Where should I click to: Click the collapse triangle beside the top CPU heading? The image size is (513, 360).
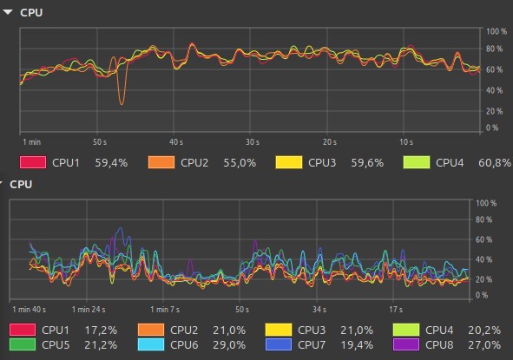click(x=8, y=12)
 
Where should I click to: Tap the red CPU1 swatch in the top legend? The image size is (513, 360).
click(x=33, y=162)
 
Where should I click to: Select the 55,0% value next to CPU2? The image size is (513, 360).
click(x=240, y=162)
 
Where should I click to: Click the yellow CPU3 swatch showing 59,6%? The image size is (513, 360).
click(x=289, y=162)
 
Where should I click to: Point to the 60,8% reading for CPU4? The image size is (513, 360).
click(x=495, y=162)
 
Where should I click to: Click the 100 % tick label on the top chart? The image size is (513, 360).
click(x=497, y=31)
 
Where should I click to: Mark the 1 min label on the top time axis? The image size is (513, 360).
click(x=32, y=142)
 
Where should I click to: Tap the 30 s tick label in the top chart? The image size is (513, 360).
click(x=253, y=142)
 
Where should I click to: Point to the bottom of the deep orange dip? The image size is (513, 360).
click(x=122, y=104)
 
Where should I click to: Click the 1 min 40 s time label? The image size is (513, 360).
click(x=30, y=310)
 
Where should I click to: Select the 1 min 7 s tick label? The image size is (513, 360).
click(x=165, y=310)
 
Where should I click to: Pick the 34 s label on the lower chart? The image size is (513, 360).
click(x=319, y=310)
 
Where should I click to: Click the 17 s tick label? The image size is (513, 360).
click(x=396, y=310)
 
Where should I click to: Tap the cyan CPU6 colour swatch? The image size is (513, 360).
click(x=151, y=345)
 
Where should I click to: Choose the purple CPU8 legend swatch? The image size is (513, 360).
click(x=406, y=345)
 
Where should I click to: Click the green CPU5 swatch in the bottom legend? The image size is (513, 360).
click(x=23, y=345)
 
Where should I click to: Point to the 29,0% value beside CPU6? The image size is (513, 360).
click(x=229, y=345)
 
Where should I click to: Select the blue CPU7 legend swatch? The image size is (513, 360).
click(x=279, y=345)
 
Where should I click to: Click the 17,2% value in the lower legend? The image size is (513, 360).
click(x=101, y=331)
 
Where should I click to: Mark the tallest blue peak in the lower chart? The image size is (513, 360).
click(x=121, y=227)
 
